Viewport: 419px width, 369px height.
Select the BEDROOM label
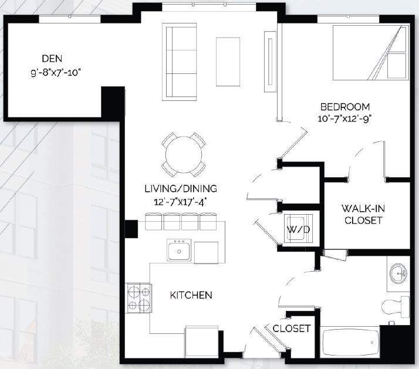tap(344, 107)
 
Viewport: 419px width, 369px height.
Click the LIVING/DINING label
tap(181, 189)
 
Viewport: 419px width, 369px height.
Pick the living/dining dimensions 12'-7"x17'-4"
tap(181, 202)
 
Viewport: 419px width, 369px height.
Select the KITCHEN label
tap(191, 295)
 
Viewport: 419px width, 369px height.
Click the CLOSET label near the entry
tap(291, 329)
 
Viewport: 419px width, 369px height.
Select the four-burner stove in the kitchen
tap(138, 297)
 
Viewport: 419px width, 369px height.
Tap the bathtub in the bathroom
tap(351, 344)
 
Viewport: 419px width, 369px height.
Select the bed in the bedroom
tap(370, 52)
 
